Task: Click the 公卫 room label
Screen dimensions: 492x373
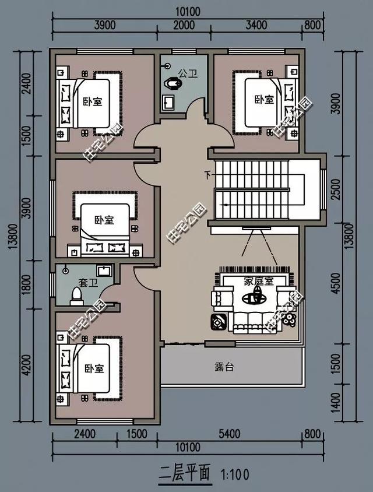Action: click(188, 73)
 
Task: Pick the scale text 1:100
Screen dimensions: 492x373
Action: click(235, 475)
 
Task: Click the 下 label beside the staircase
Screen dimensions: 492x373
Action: click(207, 174)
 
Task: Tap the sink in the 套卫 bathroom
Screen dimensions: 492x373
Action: click(104, 270)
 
